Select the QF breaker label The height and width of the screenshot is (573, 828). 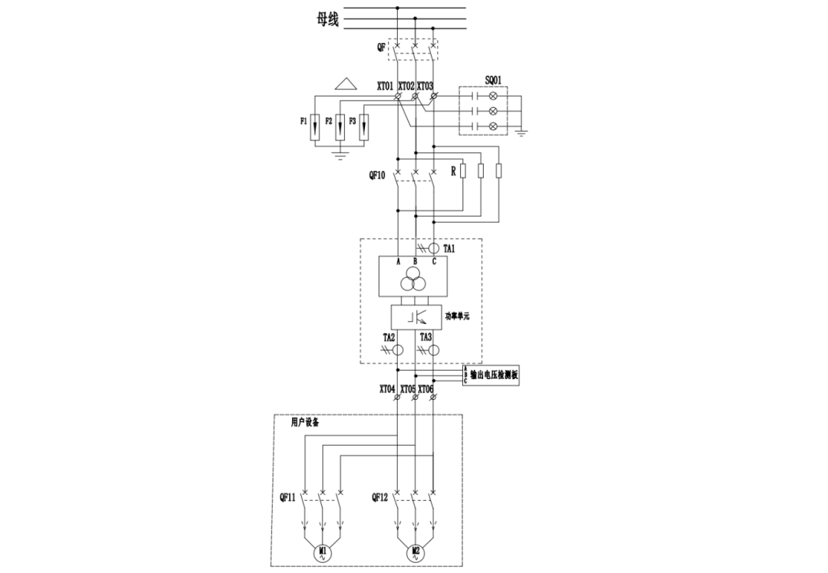(381, 47)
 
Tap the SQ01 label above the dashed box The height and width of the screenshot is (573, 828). (494, 79)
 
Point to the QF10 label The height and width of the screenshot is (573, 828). (376, 175)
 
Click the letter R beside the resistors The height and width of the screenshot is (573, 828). (453, 172)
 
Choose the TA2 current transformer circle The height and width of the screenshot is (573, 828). (398, 350)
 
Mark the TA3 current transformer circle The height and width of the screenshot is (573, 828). (433, 350)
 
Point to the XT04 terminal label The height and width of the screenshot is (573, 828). (387, 389)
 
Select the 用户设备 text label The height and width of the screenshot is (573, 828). (304, 422)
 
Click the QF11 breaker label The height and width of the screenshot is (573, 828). (288, 497)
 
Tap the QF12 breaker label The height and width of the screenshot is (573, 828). (380, 497)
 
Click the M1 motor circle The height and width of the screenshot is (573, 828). (323, 552)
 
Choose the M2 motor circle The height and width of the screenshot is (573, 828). (416, 552)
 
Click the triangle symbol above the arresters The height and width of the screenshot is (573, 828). (346, 83)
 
